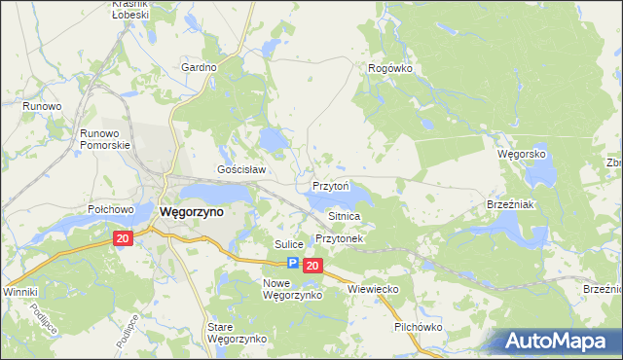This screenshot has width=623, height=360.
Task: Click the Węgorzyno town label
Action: pyautogui.click(x=191, y=211)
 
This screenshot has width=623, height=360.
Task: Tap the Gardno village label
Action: pyautogui.click(x=198, y=68)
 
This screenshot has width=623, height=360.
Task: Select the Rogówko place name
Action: pyautogui.click(x=390, y=68)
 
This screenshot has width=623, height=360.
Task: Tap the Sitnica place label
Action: pyautogui.click(x=345, y=215)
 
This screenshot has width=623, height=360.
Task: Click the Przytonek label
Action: pyautogui.click(x=339, y=238)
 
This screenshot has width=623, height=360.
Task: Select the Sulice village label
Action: pyautogui.click(x=289, y=243)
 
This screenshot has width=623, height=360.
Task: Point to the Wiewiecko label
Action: pyautogui.click(x=375, y=289)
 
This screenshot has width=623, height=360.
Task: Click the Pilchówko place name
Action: pyautogui.click(x=419, y=327)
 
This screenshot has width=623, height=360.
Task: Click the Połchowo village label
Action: pyautogui.click(x=110, y=209)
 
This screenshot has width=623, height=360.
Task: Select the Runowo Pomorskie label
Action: pyautogui.click(x=105, y=138)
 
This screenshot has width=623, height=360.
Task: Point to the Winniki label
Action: pyautogui.click(x=19, y=292)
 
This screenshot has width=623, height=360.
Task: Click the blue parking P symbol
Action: pyautogui.click(x=291, y=264)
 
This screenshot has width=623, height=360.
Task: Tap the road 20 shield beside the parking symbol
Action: pyautogui.click(x=311, y=265)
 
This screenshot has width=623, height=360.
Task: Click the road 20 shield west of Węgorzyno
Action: pyautogui.click(x=122, y=238)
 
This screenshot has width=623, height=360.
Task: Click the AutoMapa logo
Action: pyautogui.click(x=561, y=341)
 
